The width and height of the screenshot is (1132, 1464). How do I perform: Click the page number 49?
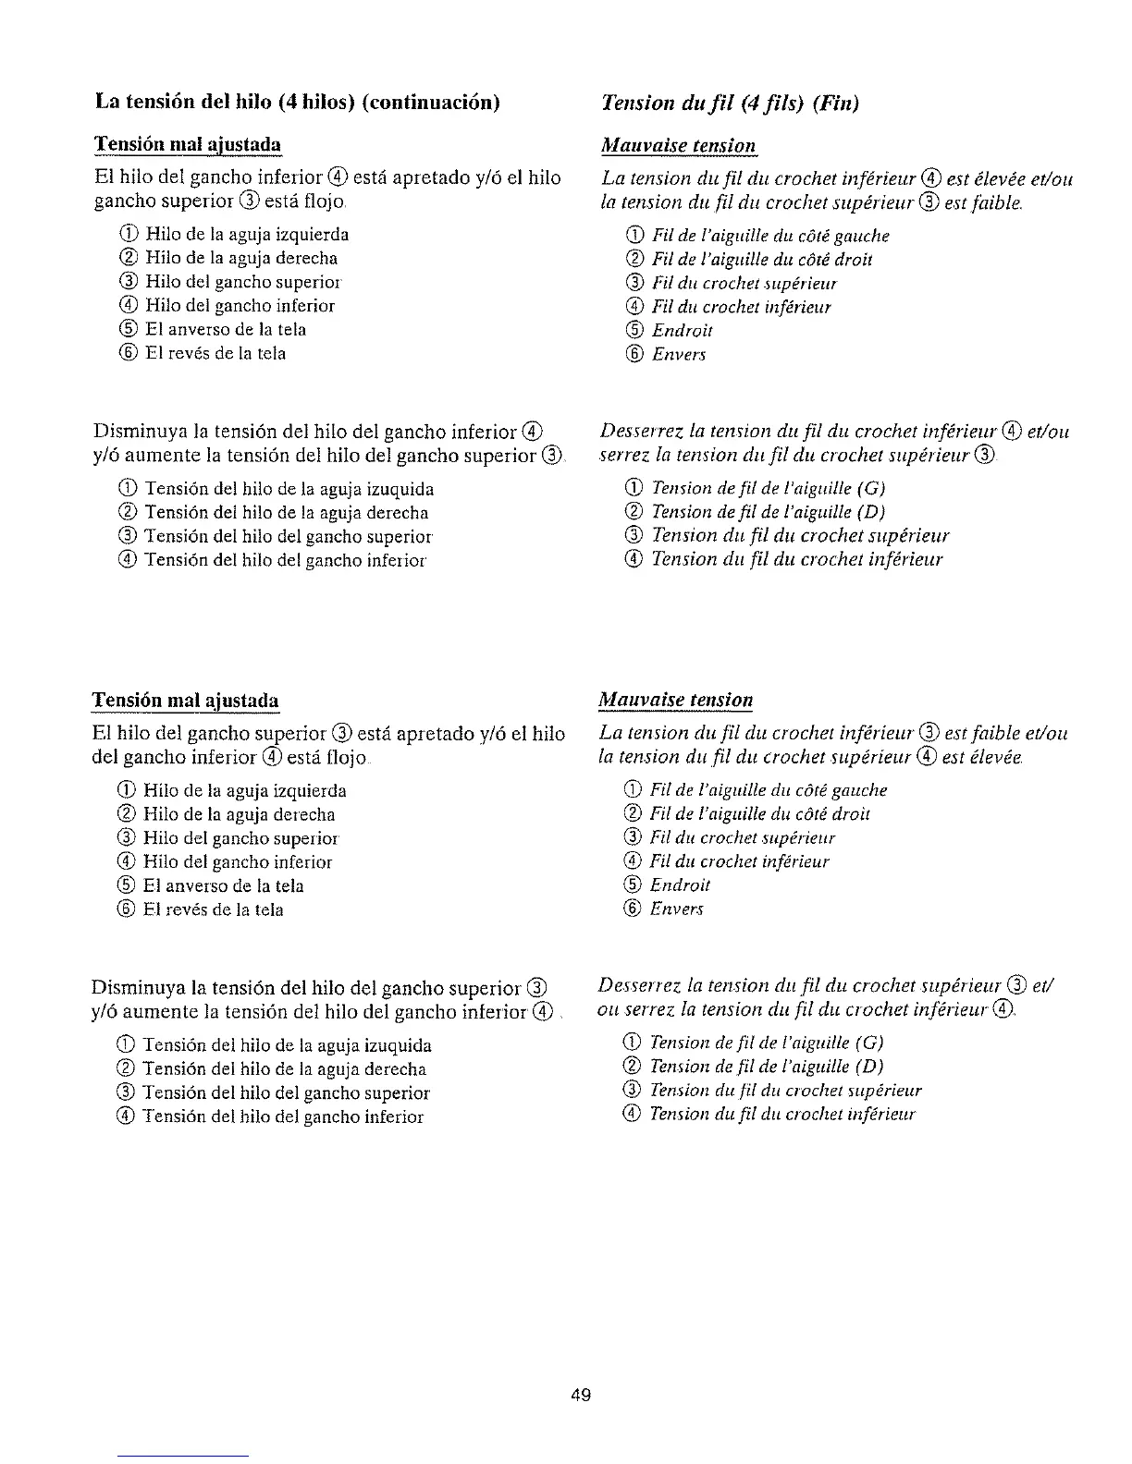pyautogui.click(x=581, y=1395)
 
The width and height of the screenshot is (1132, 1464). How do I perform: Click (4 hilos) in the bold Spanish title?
pyautogui.click(x=313, y=102)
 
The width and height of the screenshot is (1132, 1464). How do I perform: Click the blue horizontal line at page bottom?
pyautogui.click(x=183, y=1456)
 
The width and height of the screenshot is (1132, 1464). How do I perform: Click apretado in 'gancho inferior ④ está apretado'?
pyautogui.click(x=430, y=177)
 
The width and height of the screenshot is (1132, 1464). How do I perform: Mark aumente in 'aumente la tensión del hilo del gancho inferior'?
pyautogui.click(x=155, y=1012)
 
